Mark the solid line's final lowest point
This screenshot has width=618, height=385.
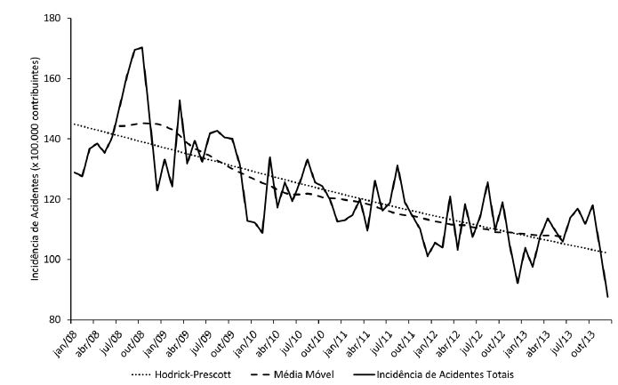(607, 296)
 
